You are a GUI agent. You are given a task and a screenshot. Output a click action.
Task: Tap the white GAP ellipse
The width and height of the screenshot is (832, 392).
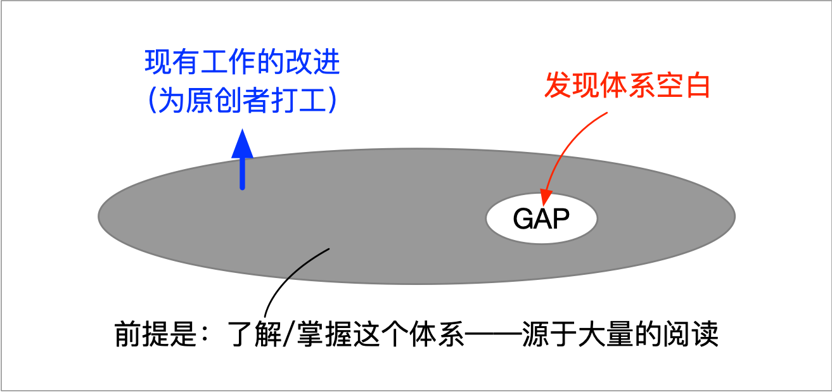coord(541,218)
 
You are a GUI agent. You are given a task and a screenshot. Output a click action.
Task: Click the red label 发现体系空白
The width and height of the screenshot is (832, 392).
coord(627,87)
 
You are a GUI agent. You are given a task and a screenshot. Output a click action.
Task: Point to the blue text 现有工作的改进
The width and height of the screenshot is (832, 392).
coord(243,64)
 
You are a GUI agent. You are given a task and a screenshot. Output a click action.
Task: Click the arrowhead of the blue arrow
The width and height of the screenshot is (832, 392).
coord(242,144)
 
